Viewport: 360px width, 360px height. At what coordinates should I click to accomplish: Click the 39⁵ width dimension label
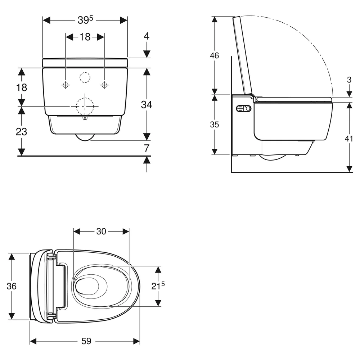[85, 20]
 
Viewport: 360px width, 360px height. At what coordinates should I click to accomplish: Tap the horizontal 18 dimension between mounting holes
[85, 37]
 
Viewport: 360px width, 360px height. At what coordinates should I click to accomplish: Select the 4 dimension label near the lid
[147, 36]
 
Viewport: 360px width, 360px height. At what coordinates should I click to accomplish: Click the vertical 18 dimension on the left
[22, 87]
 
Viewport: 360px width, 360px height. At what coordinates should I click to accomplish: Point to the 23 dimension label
[21, 132]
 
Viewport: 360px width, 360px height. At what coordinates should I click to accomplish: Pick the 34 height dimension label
[147, 105]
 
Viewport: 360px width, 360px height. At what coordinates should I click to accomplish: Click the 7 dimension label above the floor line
[147, 148]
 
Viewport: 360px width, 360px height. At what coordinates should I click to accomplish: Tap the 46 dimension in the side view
[215, 55]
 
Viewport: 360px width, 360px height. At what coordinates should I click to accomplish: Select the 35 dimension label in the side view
[215, 125]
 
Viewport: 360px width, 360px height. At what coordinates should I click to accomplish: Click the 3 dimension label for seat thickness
[349, 80]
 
